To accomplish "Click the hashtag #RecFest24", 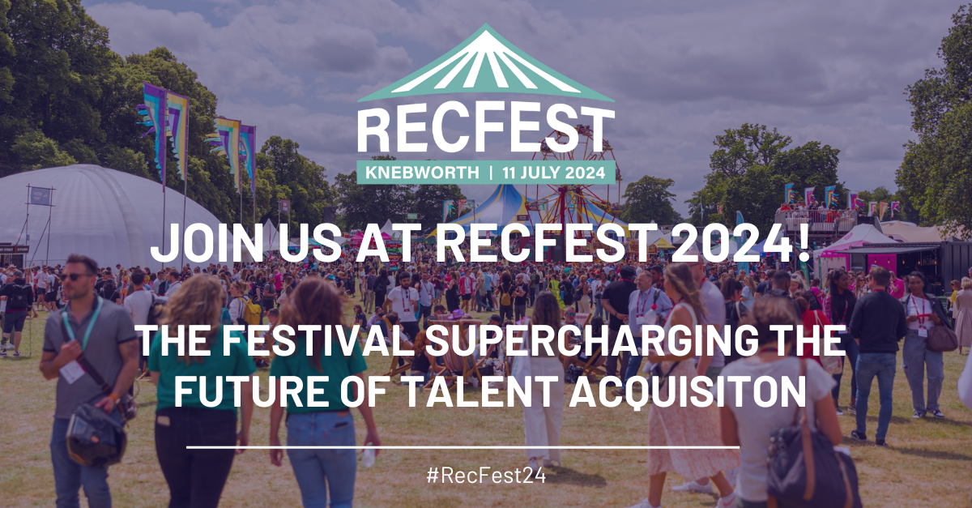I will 485,476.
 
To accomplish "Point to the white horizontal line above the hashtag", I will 463,446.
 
